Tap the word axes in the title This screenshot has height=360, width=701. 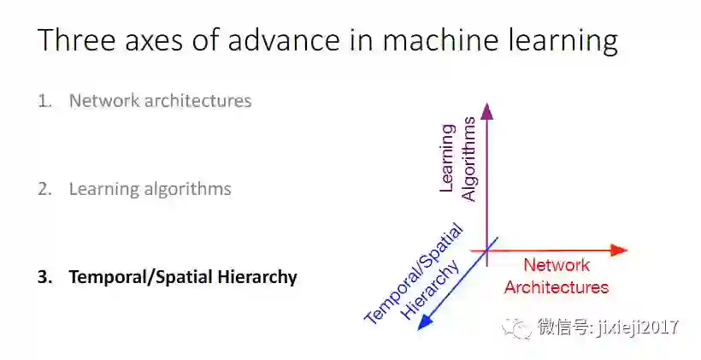point(148,40)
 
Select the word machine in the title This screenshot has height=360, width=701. point(432,40)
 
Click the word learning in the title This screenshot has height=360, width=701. point(559,42)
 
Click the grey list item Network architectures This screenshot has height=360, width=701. point(160,101)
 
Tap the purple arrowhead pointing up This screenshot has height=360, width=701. point(487,110)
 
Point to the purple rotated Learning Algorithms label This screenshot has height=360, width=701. point(457,162)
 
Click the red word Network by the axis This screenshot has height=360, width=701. point(557,265)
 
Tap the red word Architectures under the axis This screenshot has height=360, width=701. point(557,287)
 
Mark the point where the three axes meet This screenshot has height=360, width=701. point(487,250)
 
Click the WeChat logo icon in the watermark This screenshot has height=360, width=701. point(518,327)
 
